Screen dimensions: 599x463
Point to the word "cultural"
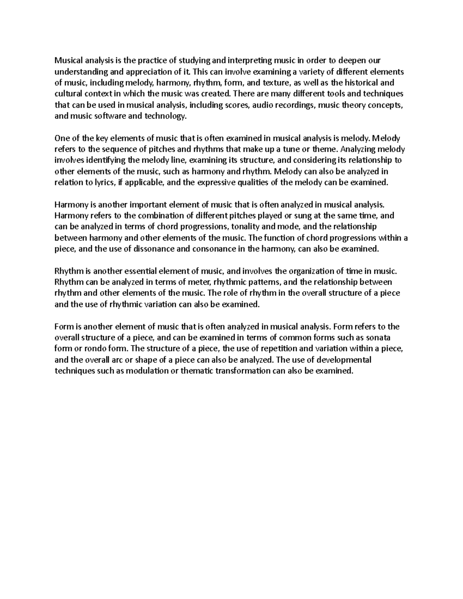67,94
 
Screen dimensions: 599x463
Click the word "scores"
237,105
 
